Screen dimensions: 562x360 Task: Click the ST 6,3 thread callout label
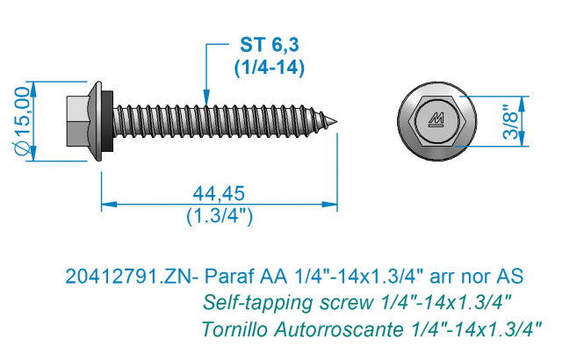tap(270, 45)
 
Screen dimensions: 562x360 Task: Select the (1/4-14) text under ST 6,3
tap(270, 67)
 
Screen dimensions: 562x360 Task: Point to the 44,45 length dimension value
tap(219, 193)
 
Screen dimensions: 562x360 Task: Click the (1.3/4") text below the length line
tap(220, 216)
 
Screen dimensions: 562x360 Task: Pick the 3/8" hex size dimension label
tap(511, 121)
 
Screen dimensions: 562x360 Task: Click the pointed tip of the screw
tap(336, 121)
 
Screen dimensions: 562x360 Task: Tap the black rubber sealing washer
tap(109, 121)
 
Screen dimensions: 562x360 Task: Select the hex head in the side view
tap(78, 121)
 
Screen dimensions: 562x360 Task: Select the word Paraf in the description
tap(228, 277)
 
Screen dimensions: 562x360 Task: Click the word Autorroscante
tap(339, 329)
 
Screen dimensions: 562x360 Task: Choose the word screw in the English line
tap(346, 304)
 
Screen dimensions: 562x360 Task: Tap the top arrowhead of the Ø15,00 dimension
tap(33, 90)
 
